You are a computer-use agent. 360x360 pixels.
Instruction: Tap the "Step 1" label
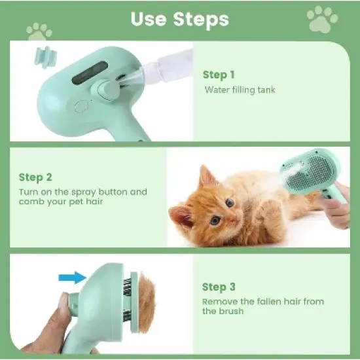[x=219, y=75]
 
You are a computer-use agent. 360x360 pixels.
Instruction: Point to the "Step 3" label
[x=218, y=287]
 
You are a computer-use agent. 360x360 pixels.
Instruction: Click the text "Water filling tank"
[x=240, y=90]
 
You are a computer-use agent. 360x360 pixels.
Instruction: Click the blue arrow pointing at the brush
[x=71, y=278]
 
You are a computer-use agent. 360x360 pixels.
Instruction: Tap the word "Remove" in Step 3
[x=219, y=302]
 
